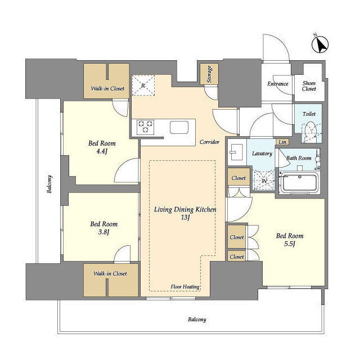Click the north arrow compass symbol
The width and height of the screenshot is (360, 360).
tap(320, 44)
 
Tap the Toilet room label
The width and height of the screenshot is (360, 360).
tap(309, 114)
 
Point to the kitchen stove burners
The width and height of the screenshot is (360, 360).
tap(145, 127)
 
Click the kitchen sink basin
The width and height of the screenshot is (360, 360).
tap(179, 127)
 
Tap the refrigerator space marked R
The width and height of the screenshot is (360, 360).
tap(143, 85)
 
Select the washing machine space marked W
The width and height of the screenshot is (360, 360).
tap(264, 181)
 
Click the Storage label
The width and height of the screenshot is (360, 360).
tap(209, 74)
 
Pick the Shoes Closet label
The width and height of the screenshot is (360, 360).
tap(309, 86)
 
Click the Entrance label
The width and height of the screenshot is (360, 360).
tap(277, 84)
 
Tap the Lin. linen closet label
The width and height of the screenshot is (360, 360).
tap(282, 142)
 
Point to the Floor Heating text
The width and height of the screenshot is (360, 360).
tap(185, 287)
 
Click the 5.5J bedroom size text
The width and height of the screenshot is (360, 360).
tap(289, 244)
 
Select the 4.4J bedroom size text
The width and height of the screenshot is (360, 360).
tap(102, 151)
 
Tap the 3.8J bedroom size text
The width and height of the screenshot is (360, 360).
tap(103, 232)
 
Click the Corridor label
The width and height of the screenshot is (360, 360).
tap(209, 142)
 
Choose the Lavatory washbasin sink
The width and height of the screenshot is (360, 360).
tap(236, 152)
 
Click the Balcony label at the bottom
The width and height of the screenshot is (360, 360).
tap(197, 319)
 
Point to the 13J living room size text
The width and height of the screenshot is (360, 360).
tap(185, 217)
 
